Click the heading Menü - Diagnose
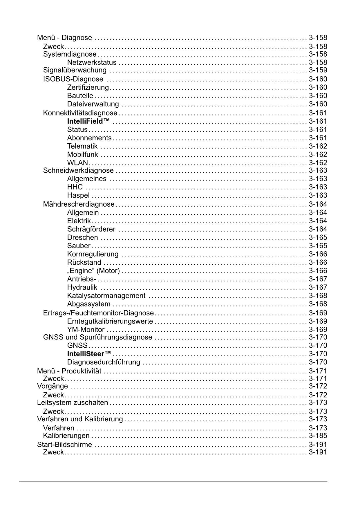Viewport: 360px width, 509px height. (x=64, y=38)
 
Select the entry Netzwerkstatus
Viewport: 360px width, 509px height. (x=92, y=62)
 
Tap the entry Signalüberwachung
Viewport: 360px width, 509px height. (x=75, y=70)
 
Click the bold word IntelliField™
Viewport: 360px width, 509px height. (x=88, y=121)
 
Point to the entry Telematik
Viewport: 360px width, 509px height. (x=82, y=146)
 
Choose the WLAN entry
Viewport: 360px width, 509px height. (x=77, y=163)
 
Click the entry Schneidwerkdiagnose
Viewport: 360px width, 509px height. (x=78, y=170)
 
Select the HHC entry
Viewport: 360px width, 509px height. (x=75, y=187)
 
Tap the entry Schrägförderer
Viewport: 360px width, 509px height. (x=91, y=229)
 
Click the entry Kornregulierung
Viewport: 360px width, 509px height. (x=93, y=254)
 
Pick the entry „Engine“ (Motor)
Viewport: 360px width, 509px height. (x=93, y=271)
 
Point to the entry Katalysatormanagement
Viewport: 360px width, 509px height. (x=106, y=296)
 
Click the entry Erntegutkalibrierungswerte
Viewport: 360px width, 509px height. (x=110, y=321)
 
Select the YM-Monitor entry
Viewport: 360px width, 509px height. (x=86, y=330)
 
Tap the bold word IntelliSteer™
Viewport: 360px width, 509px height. (x=89, y=354)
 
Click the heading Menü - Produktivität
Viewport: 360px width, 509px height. (x=69, y=371)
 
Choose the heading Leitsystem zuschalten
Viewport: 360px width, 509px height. (x=73, y=402)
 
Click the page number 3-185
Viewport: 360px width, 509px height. (x=318, y=436)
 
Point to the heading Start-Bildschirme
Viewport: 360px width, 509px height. (x=64, y=445)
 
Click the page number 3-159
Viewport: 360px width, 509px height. (x=318, y=70)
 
